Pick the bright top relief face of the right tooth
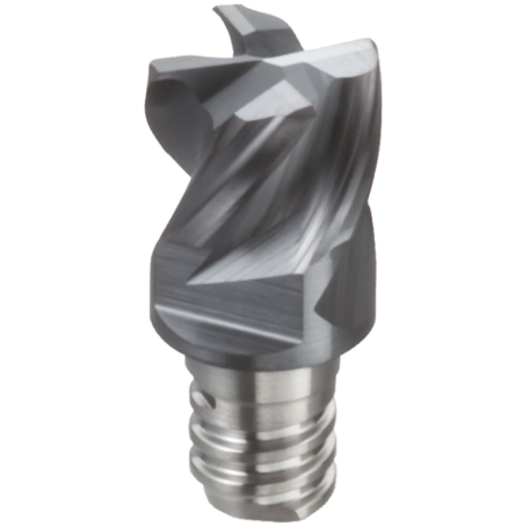pyautogui.click(x=326, y=61)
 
